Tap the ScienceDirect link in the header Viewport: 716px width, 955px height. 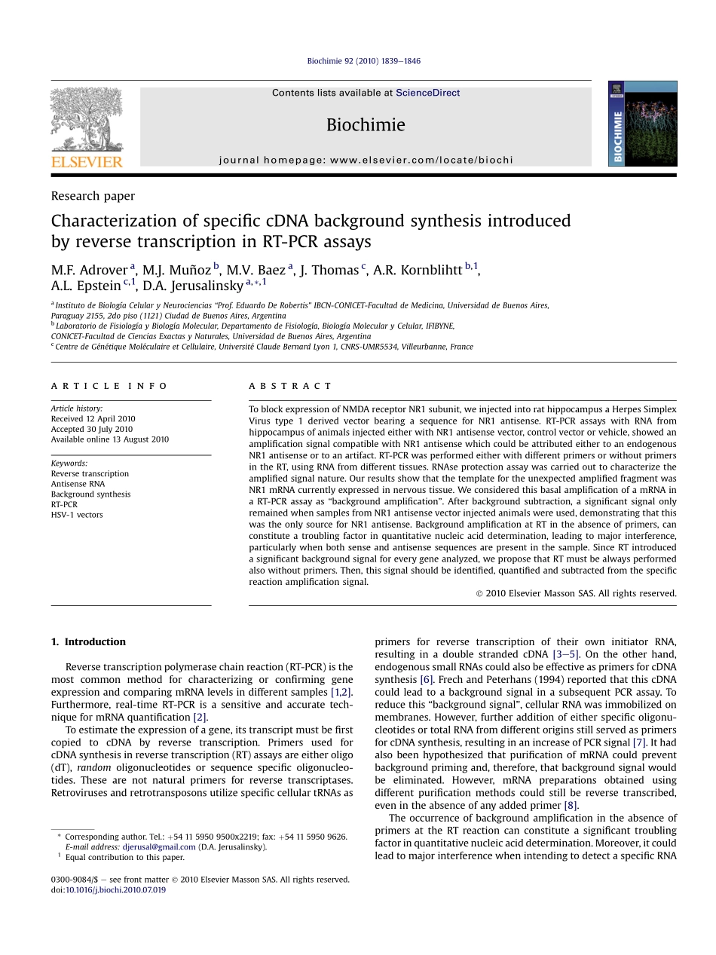pyautogui.click(x=427, y=93)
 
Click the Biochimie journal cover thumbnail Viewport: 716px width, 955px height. pyautogui.click(x=642, y=124)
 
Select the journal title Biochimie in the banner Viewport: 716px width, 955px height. pyautogui.click(x=366, y=125)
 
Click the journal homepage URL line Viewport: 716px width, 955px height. pyautogui.click(x=366, y=160)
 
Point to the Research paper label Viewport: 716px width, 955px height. pyautogui.click(x=93, y=196)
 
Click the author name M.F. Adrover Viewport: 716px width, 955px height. pyautogui.click(x=89, y=270)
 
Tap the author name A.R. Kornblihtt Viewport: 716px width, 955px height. pyautogui.click(x=418, y=270)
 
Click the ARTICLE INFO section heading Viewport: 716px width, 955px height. pyautogui.click(x=110, y=386)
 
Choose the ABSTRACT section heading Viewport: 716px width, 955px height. pyautogui.click(x=290, y=386)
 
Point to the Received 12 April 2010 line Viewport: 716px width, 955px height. pyautogui.click(x=93, y=419)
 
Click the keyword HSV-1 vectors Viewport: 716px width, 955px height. pyautogui.click(x=77, y=515)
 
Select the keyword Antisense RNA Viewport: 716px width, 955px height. pyautogui.click(x=78, y=484)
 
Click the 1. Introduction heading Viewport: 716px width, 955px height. pyautogui.click(x=88, y=642)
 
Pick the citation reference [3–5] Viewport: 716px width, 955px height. pyautogui.click(x=566, y=654)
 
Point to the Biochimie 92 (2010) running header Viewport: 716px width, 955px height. pyautogui.click(x=364, y=61)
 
